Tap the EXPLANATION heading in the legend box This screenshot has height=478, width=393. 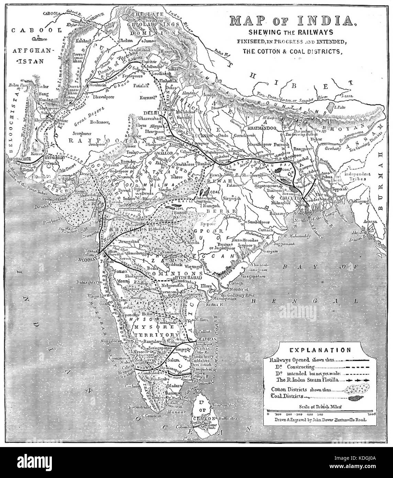coord(319,350)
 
